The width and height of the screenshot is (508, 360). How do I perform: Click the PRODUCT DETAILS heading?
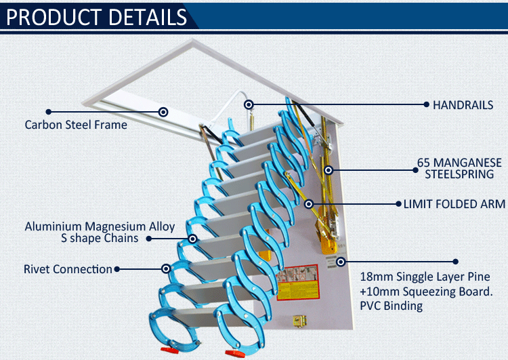tap(97, 17)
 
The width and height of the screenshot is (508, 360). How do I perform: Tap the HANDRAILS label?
tap(463, 105)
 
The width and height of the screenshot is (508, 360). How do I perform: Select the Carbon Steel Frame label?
tap(76, 125)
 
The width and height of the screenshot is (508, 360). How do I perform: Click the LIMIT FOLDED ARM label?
tap(454, 204)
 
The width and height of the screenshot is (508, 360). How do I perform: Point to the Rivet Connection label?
tap(68, 269)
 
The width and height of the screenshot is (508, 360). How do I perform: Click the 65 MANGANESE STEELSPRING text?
tap(459, 168)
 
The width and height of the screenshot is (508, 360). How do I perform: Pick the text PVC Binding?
tap(391, 306)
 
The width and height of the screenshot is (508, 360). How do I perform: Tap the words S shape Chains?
tap(100, 239)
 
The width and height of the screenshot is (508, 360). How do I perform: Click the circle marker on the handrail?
tap(249, 104)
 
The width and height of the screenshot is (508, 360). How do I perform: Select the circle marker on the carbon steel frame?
tap(163, 112)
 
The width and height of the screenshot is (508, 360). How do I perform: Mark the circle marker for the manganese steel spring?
tap(329, 170)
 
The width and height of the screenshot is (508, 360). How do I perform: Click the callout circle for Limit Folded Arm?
tap(309, 204)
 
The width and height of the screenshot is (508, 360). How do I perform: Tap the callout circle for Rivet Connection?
tap(166, 268)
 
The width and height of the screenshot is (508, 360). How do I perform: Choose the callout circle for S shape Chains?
tap(192, 239)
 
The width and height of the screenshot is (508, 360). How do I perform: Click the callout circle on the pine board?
tap(341, 262)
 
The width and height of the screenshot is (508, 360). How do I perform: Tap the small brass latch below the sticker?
tap(299, 321)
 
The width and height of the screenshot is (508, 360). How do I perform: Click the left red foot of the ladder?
tap(170, 351)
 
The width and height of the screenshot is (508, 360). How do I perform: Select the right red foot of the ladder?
tap(235, 353)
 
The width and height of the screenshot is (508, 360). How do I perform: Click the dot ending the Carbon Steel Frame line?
tap(49, 112)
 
